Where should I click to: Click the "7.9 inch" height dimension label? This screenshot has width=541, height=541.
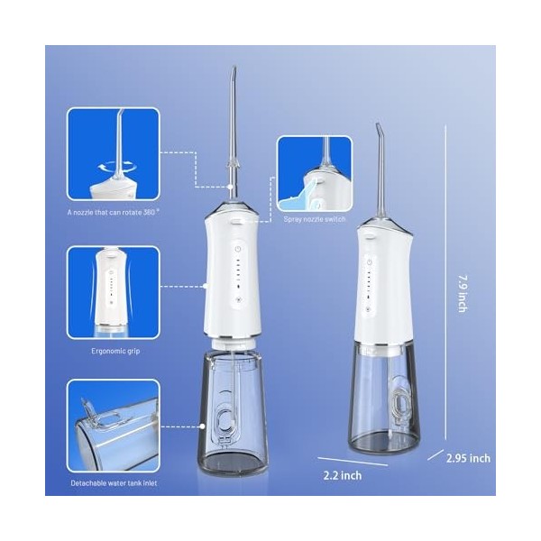[x=463, y=293]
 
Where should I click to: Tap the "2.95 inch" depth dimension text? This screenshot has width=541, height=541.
[x=468, y=458]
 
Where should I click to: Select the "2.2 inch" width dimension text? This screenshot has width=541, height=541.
[x=343, y=475]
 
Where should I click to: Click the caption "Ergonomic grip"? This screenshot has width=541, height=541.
[x=115, y=352]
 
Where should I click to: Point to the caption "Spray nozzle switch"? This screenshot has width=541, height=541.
[x=315, y=219]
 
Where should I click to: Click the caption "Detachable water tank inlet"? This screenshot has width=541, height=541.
[x=114, y=483]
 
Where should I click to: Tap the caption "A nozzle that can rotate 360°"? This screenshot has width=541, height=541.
[x=114, y=212]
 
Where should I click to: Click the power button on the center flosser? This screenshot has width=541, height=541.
[x=238, y=249]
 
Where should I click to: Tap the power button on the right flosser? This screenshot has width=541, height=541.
[x=370, y=262]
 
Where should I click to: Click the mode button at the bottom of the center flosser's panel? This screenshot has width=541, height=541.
[x=238, y=300]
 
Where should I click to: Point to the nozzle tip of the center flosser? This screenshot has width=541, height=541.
[x=234, y=69]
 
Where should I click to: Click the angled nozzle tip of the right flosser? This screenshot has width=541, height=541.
[x=377, y=126]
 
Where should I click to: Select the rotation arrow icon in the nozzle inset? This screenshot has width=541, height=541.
[x=116, y=168]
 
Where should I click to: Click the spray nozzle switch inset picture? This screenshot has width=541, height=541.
[x=315, y=173]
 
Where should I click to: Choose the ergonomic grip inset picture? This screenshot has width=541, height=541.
[x=114, y=292]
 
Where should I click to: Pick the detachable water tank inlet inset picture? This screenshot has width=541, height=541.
[x=114, y=426]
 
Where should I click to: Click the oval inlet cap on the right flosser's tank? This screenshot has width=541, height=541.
[x=399, y=405]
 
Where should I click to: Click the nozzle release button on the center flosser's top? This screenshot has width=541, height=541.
[x=236, y=222]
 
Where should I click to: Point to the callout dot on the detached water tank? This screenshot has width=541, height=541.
[x=203, y=426]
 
